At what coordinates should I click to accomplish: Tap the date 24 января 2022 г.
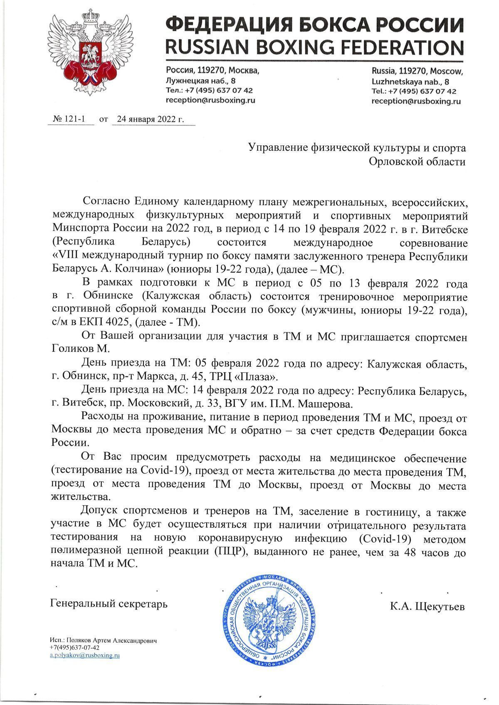pos(150,119)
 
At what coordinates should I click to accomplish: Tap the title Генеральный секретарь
pos(109,604)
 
